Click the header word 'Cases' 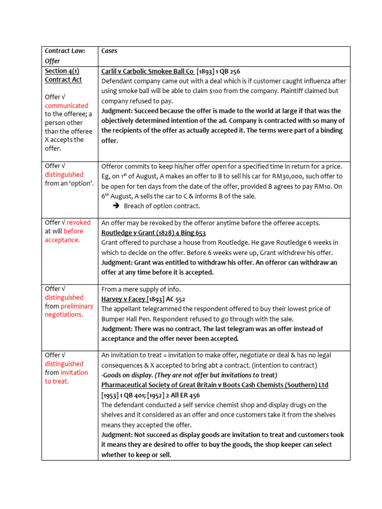click(109, 51)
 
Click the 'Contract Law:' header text click(65, 51)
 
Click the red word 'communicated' click(67, 105)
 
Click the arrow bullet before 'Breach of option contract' click(116, 206)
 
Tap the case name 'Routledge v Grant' click(131, 233)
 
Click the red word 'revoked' click(78, 222)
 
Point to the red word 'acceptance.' click(62, 240)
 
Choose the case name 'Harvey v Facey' click(123, 299)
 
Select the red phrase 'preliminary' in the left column click(77, 306)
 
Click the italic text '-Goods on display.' click(128, 375)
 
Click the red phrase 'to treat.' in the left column click(57, 381)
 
